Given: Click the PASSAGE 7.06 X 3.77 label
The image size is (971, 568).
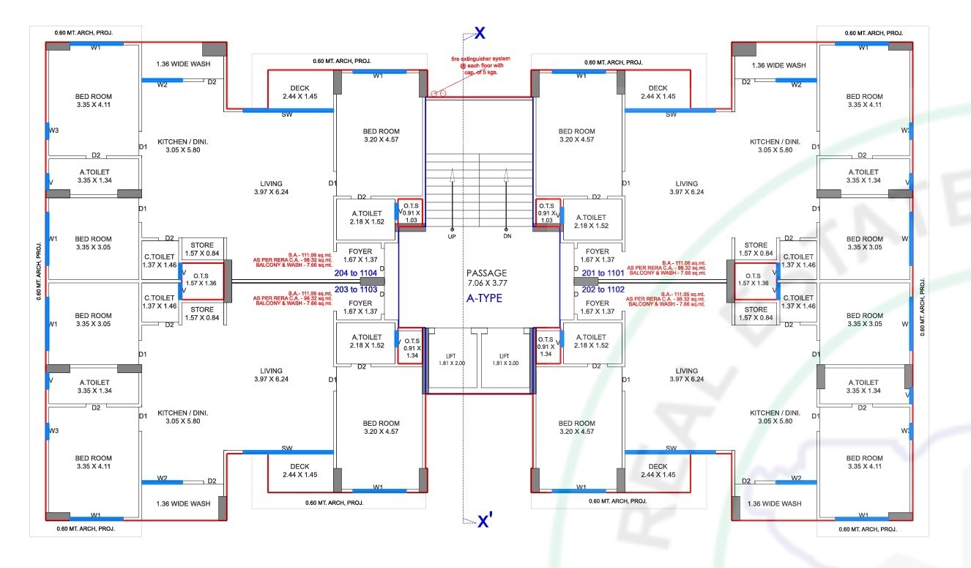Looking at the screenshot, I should (486, 277).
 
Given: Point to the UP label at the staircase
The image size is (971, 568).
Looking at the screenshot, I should (452, 237).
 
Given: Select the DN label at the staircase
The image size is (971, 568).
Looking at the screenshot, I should (506, 237).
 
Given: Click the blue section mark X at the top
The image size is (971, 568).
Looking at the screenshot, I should (480, 33).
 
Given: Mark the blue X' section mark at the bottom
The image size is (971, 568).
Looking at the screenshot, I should (485, 521).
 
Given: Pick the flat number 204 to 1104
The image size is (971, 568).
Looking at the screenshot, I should (355, 273).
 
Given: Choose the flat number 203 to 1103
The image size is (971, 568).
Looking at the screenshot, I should (355, 289).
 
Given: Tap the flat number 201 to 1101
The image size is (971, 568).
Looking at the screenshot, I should (603, 273).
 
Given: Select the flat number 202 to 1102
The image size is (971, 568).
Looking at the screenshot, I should (603, 289).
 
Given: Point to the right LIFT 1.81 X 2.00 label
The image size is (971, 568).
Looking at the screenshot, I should (505, 359).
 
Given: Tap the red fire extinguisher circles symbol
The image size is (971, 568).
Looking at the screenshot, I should (438, 93).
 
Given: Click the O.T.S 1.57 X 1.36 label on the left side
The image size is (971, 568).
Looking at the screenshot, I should (201, 279).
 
